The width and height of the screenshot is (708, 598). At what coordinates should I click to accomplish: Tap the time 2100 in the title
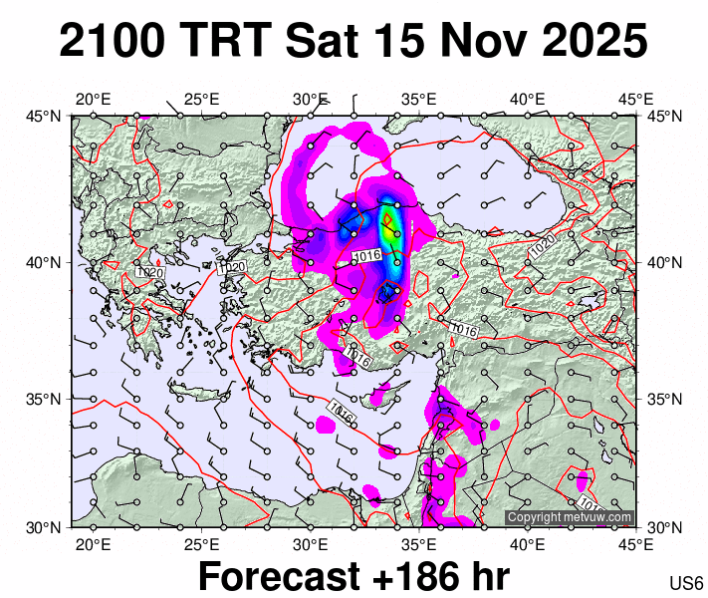(113, 42)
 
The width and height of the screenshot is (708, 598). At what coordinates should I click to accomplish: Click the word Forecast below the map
(273, 576)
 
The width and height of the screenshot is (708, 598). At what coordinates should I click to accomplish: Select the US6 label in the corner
(687, 584)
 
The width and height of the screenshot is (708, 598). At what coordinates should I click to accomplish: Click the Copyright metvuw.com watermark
(569, 517)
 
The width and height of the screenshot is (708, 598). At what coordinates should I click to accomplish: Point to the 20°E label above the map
(93, 99)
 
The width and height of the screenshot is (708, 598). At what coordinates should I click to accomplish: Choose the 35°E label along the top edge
(419, 99)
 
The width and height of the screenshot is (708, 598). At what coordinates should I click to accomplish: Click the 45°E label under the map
(635, 544)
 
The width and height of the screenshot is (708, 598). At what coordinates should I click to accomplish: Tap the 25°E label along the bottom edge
(201, 544)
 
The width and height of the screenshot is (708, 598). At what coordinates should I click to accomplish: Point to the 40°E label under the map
(527, 544)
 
